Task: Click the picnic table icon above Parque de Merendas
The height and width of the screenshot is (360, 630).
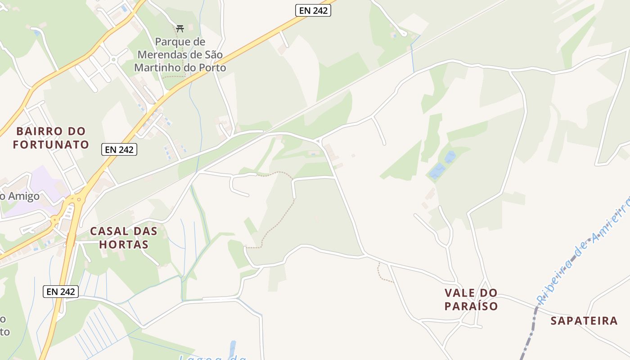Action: point(180,29)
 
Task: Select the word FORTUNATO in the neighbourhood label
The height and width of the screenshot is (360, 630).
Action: point(51,145)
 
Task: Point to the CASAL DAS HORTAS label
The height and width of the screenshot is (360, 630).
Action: point(124,238)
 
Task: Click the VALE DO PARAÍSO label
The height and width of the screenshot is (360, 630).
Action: point(471,299)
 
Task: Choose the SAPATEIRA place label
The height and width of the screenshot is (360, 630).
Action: point(584,321)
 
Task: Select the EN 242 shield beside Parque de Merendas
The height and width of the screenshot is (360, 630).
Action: point(313,10)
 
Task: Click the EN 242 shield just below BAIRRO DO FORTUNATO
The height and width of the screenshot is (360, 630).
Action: point(119,149)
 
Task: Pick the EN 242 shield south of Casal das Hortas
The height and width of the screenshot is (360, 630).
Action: point(61,291)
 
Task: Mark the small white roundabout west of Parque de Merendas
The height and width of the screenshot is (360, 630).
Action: point(113,58)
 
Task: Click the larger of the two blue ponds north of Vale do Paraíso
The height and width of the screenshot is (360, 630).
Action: point(437,171)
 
